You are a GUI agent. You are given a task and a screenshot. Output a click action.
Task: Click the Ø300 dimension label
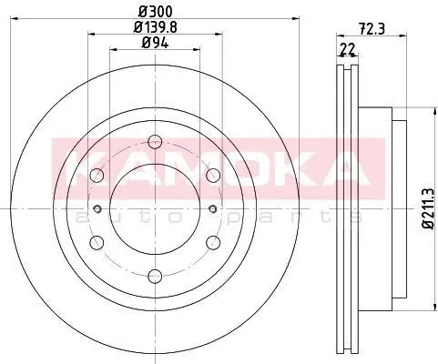[x=156, y=12]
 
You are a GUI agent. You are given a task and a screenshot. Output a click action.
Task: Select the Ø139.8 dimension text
[x=156, y=27]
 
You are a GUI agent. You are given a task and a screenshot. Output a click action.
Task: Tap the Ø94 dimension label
[x=155, y=44]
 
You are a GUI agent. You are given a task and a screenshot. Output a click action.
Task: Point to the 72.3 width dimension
[x=372, y=29]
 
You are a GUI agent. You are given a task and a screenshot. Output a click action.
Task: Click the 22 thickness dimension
[x=348, y=49]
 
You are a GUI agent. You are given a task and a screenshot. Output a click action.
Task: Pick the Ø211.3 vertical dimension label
[x=430, y=209]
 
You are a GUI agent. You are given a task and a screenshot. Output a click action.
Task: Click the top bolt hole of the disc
[x=155, y=142]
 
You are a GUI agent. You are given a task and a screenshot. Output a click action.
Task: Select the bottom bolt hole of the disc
[x=155, y=276]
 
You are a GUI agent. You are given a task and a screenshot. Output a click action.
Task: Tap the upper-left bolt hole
[x=97, y=175]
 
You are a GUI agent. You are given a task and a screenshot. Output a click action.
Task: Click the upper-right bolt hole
[x=213, y=175]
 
